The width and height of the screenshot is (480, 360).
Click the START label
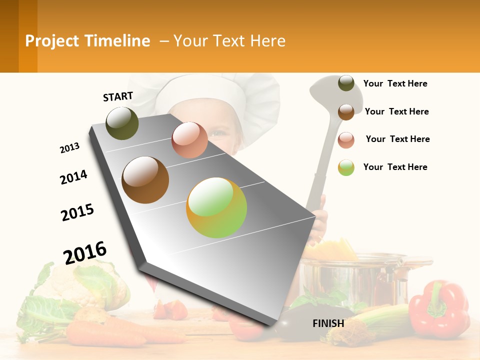(x=118, y=96)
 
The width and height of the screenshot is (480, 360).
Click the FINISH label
(x=328, y=323)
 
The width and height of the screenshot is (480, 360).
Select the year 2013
(x=70, y=148)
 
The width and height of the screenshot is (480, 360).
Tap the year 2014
(x=74, y=177)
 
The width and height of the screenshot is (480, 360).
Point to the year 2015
(x=77, y=212)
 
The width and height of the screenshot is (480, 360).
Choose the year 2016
(x=85, y=252)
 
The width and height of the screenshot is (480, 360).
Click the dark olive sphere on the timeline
(x=122, y=123)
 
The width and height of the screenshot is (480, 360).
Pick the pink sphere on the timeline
(x=189, y=140)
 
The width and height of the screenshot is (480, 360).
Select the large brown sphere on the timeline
(x=145, y=180)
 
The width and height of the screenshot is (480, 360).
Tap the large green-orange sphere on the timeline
(x=216, y=207)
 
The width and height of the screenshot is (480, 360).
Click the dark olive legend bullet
(x=346, y=83)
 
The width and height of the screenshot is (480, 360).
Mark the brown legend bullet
(x=346, y=111)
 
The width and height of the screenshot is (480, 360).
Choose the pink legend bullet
(x=346, y=139)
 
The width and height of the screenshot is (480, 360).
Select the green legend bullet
(x=346, y=167)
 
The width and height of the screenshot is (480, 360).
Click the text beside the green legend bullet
(x=395, y=167)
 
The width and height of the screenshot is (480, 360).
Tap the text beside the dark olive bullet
(x=395, y=83)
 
